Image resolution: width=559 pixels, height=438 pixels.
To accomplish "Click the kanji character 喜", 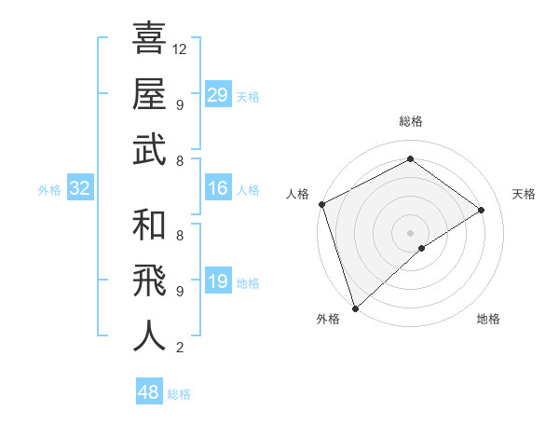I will point(149,39).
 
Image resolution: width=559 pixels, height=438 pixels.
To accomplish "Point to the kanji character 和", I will point(149,226).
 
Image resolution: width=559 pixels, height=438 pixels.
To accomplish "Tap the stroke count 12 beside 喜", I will point(181,49).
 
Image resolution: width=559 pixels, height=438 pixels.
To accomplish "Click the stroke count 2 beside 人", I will point(180,348).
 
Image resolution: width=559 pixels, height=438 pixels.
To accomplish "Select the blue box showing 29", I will point(218,95).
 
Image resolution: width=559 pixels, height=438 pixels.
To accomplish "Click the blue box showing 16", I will point(218,188).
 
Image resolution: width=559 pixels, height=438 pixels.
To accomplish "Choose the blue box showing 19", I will point(218,281).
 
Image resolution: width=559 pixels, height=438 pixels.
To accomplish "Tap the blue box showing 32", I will point(80,188).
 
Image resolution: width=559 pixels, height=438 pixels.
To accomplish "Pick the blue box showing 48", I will point(149,392).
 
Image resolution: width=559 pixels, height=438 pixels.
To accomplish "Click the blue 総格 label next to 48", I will point(179,394).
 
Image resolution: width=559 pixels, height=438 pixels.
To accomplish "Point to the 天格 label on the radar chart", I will point(524,194).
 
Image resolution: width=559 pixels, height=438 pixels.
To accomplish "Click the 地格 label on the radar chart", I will point(488,320).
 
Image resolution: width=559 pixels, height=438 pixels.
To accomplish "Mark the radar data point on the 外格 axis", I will point(355,307).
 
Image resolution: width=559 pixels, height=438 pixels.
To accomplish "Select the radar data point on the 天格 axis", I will point(482,210).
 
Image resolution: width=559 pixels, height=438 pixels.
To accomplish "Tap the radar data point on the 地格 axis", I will point(422,248).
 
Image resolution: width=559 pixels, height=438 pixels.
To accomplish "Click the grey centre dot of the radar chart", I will point(410,231).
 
